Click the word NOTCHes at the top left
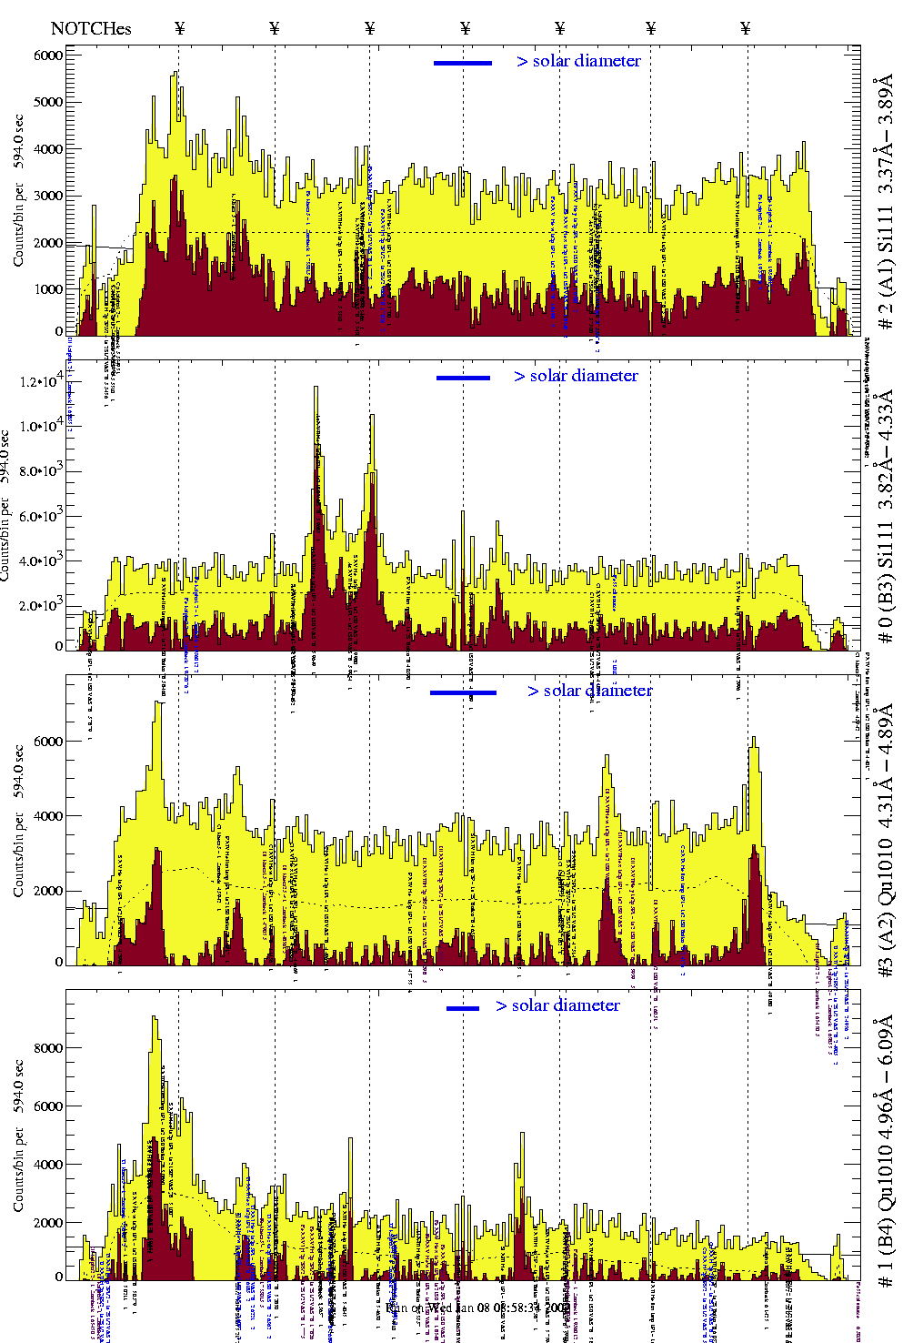[x=91, y=29]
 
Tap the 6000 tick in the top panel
[x=47, y=56]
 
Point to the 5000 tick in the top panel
[x=47, y=102]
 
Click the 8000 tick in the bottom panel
[x=47, y=1048]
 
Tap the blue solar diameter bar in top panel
[x=463, y=63]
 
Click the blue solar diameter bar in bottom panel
[x=463, y=1007]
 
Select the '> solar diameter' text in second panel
[x=576, y=376]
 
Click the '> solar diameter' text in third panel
[x=589, y=691]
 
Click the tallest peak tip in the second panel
[x=316, y=388]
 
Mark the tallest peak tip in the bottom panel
[x=155, y=1017]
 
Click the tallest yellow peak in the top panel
[x=175, y=74]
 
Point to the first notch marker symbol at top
[x=180, y=29]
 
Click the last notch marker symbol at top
[x=746, y=29]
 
